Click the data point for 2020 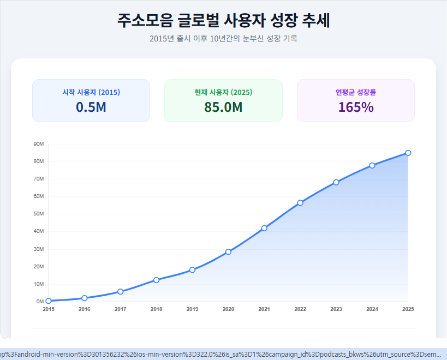point(228,251)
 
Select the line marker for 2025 point(408,153)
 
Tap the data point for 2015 point(49,301)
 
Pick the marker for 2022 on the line point(300,203)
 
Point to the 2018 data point point(156,280)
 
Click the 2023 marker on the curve point(336,182)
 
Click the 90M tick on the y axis point(39,144)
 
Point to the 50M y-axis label point(39,214)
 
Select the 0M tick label point(40,302)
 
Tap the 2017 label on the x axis point(120,309)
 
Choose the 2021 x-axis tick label point(264,309)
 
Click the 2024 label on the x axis point(372,309)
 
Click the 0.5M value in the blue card point(91,107)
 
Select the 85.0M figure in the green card point(223,107)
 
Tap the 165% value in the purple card point(356,107)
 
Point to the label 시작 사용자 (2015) point(91,92)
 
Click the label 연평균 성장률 point(356,92)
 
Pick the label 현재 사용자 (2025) point(223,92)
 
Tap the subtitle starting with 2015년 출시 point(223,39)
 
